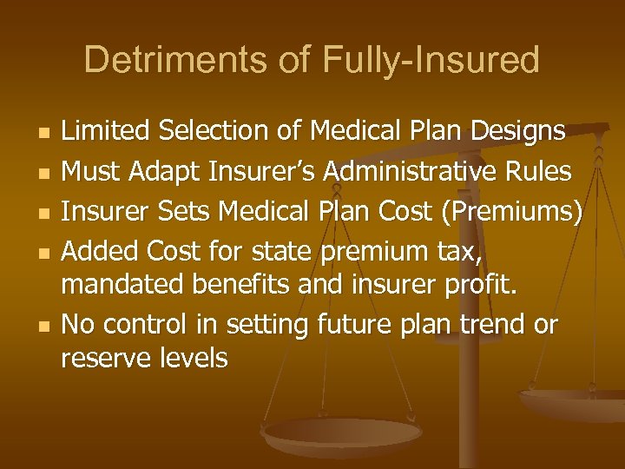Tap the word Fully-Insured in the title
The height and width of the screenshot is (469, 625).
coord(431,60)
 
